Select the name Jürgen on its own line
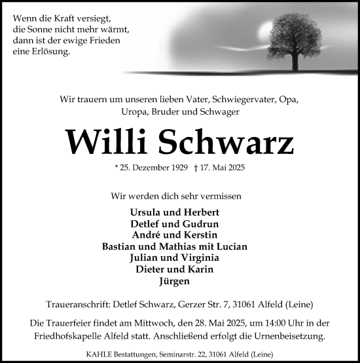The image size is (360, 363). (179, 280)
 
